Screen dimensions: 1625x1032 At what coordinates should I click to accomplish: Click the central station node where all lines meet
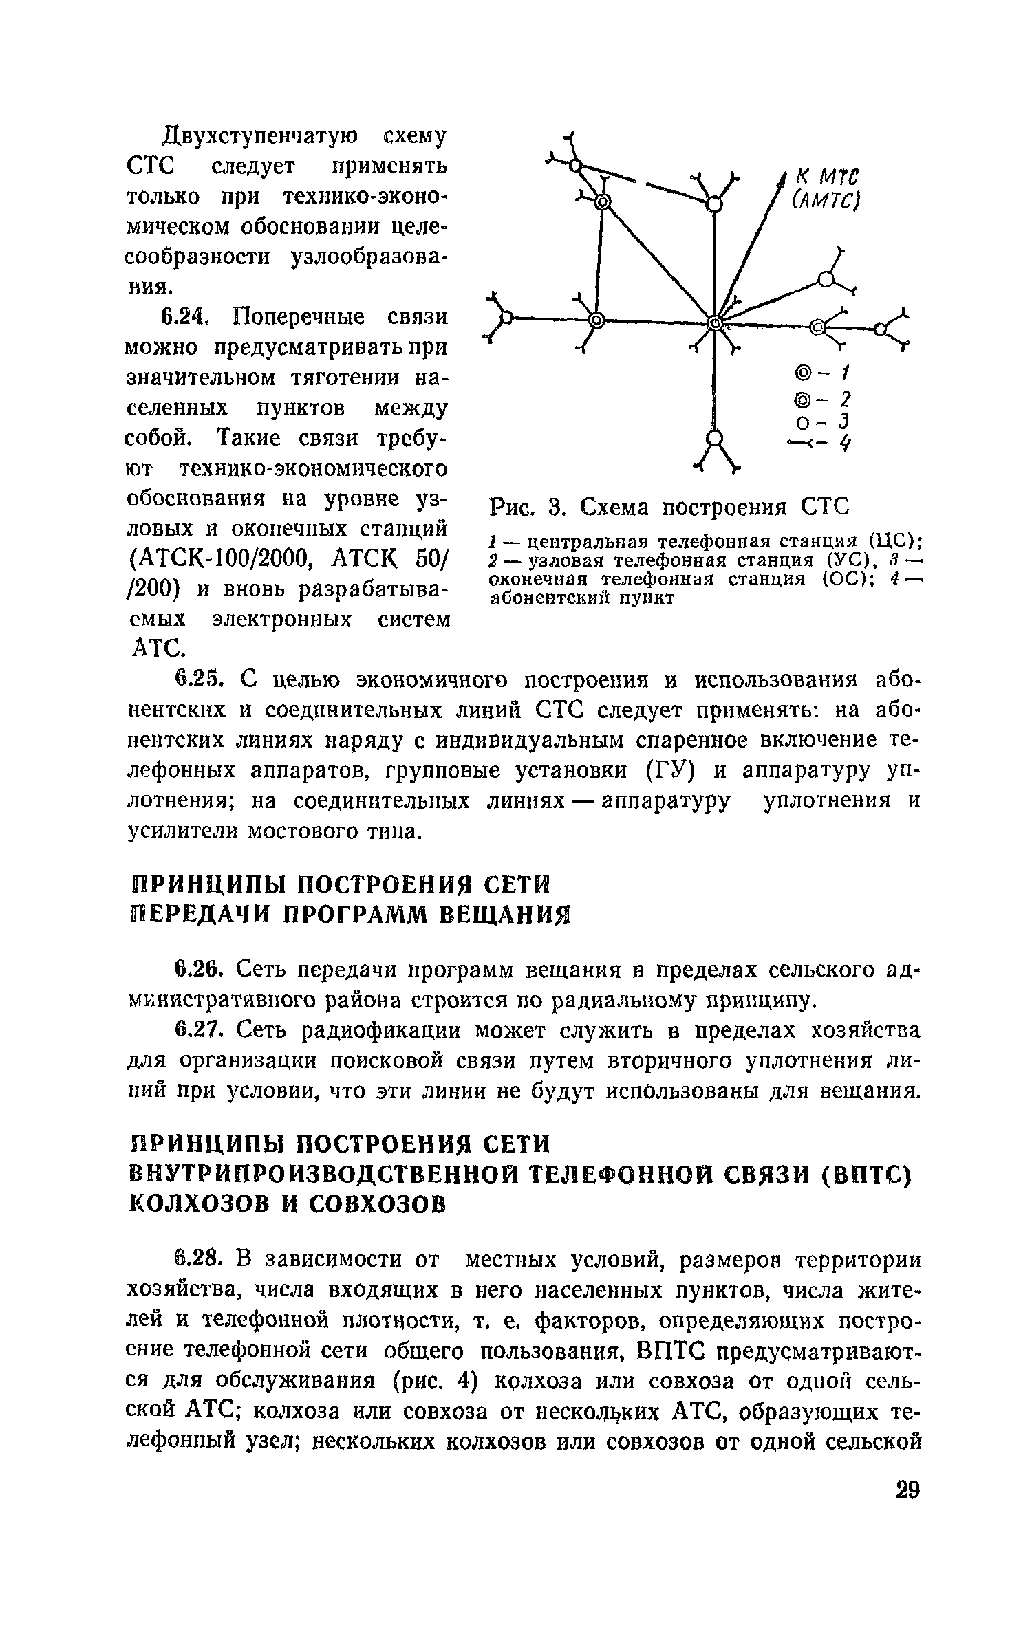pyautogui.click(x=715, y=323)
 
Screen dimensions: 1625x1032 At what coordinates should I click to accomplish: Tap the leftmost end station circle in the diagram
pyautogui.click(x=508, y=317)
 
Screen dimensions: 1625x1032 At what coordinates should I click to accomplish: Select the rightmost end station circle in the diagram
pyautogui.click(x=881, y=329)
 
